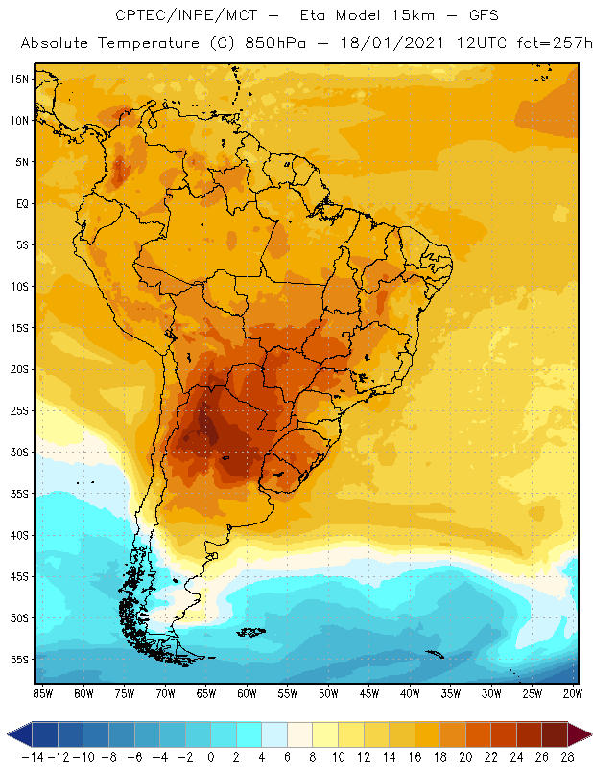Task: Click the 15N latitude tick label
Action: [20, 79]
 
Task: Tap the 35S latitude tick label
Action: [20, 494]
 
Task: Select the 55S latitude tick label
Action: [20, 660]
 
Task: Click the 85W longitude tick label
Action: [42, 693]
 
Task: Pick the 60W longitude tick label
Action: [247, 693]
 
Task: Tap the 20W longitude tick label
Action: [574, 693]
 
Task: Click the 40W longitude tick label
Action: [411, 693]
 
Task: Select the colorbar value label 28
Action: [567, 757]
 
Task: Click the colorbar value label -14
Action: [33, 757]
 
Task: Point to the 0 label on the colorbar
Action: [210, 757]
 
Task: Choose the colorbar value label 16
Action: [415, 757]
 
